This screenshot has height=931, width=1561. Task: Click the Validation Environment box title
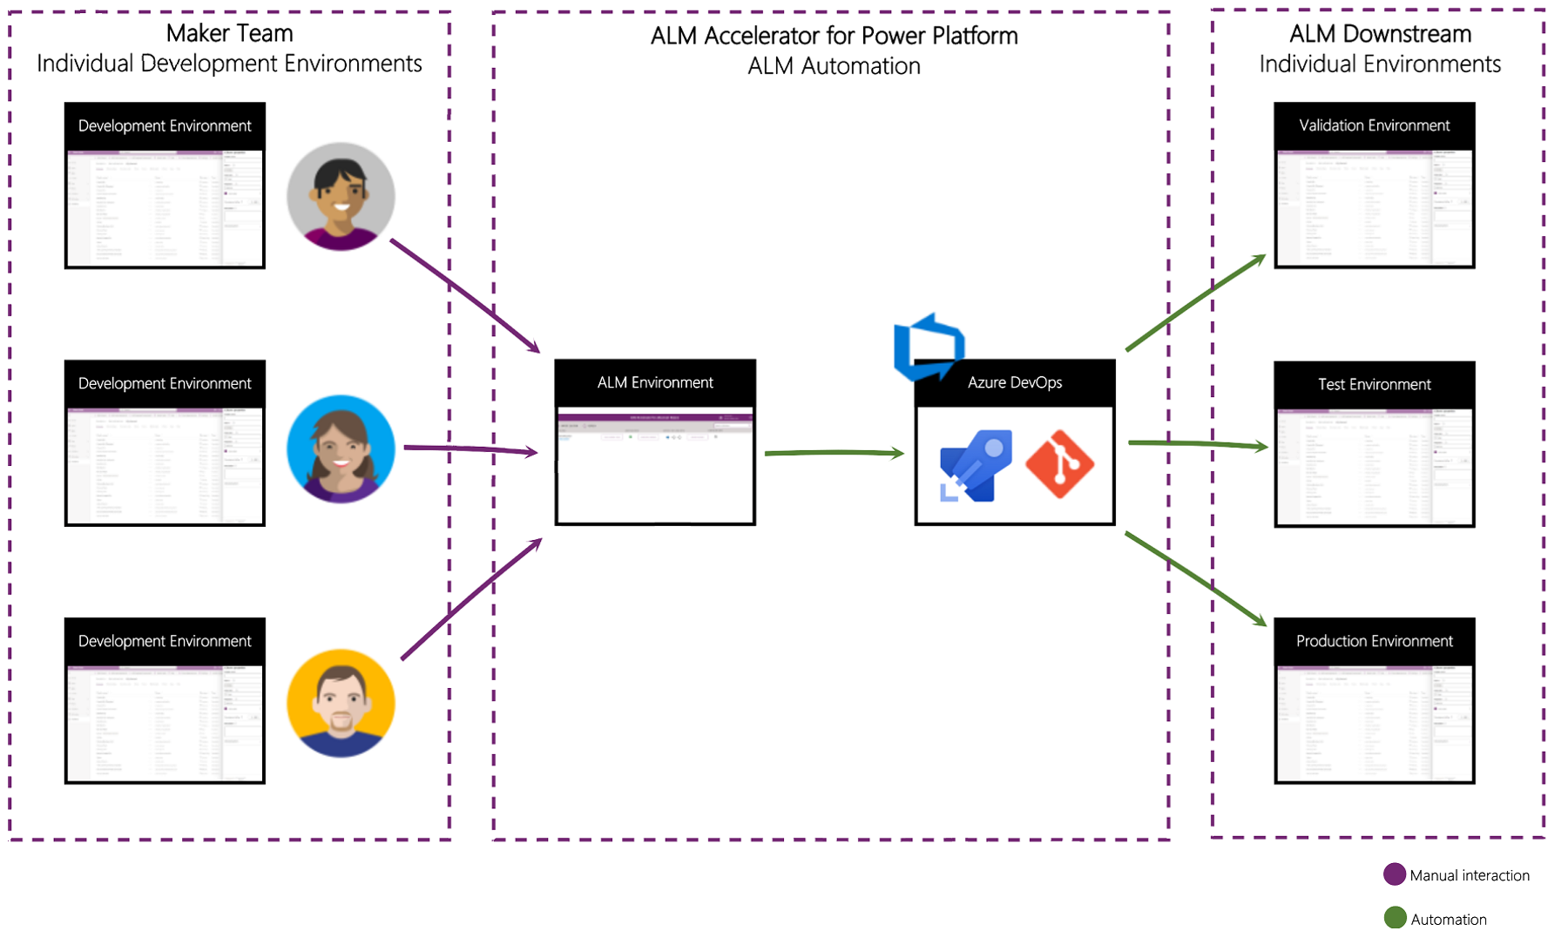pyautogui.click(x=1374, y=125)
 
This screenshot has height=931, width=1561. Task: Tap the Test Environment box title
pyautogui.click(x=1374, y=384)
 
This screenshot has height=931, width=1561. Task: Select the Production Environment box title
pyautogui.click(x=1374, y=641)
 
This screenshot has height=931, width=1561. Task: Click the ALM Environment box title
pyautogui.click(x=655, y=382)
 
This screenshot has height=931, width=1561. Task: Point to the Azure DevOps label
pyautogui.click(x=1015, y=382)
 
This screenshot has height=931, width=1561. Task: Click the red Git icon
pyautogui.click(x=1060, y=464)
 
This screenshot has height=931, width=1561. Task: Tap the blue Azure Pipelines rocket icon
pyautogui.click(x=976, y=465)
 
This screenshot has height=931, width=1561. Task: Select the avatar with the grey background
pyautogui.click(x=341, y=197)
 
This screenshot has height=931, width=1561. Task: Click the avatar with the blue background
pyautogui.click(x=341, y=449)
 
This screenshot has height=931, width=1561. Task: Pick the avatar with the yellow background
pyautogui.click(x=341, y=703)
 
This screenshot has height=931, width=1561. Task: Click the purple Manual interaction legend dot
pyautogui.click(x=1395, y=874)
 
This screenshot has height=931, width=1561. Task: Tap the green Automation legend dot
pyautogui.click(x=1395, y=918)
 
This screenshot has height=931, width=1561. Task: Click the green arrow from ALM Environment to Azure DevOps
pyautogui.click(x=834, y=453)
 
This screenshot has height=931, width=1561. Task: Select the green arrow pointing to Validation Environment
pyautogui.click(x=1195, y=302)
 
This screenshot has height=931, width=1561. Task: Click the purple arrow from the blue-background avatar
pyautogui.click(x=470, y=449)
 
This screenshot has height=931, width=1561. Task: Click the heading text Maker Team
pyautogui.click(x=229, y=33)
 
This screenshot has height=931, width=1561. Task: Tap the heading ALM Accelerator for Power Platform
pyautogui.click(x=834, y=36)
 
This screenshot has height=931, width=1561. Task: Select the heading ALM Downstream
pyautogui.click(x=1380, y=34)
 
